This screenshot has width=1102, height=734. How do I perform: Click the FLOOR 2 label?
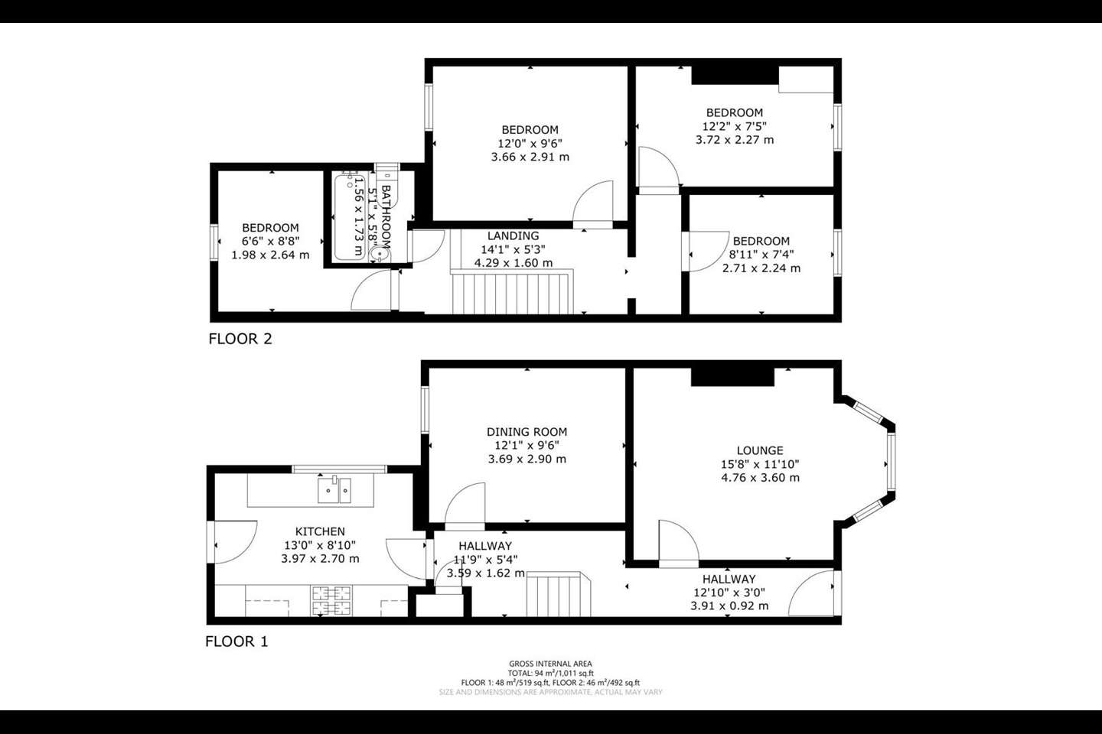tap(240, 339)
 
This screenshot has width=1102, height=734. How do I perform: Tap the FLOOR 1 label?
tap(236, 641)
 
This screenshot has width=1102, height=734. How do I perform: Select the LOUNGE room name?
tap(760, 450)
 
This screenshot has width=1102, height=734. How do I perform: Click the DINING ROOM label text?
tap(527, 432)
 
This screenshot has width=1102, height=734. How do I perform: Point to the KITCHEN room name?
tap(320, 531)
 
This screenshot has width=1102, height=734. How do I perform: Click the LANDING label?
tap(513, 235)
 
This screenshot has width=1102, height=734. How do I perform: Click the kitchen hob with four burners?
tap(331, 601)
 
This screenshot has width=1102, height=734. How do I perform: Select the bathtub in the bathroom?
tap(350, 217)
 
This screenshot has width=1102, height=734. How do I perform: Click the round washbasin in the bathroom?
tap(379, 254)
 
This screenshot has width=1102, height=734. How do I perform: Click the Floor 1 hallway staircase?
tap(559, 594)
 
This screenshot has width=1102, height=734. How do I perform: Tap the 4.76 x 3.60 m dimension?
tap(760, 477)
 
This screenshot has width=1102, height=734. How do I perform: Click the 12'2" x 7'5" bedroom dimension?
tap(735, 126)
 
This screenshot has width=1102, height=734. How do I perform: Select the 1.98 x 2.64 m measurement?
tap(271, 255)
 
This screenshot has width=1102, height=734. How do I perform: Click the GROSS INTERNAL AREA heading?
tap(550, 664)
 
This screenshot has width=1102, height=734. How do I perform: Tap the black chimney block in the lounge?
tap(732, 377)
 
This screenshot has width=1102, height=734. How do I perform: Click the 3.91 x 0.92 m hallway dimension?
tap(729, 606)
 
